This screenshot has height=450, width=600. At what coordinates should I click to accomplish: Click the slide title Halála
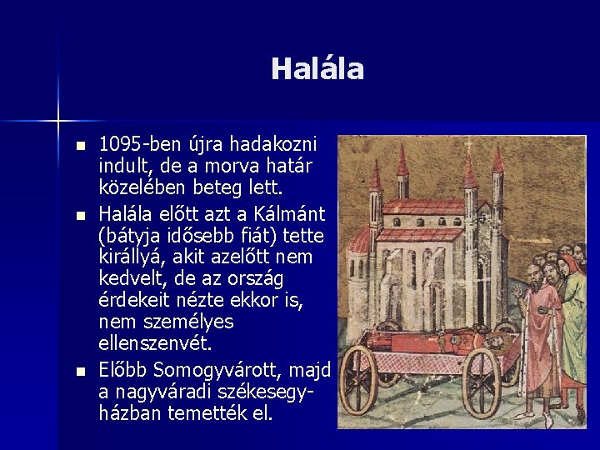(x=317, y=69)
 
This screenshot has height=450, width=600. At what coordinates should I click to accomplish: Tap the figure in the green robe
(x=575, y=317)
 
